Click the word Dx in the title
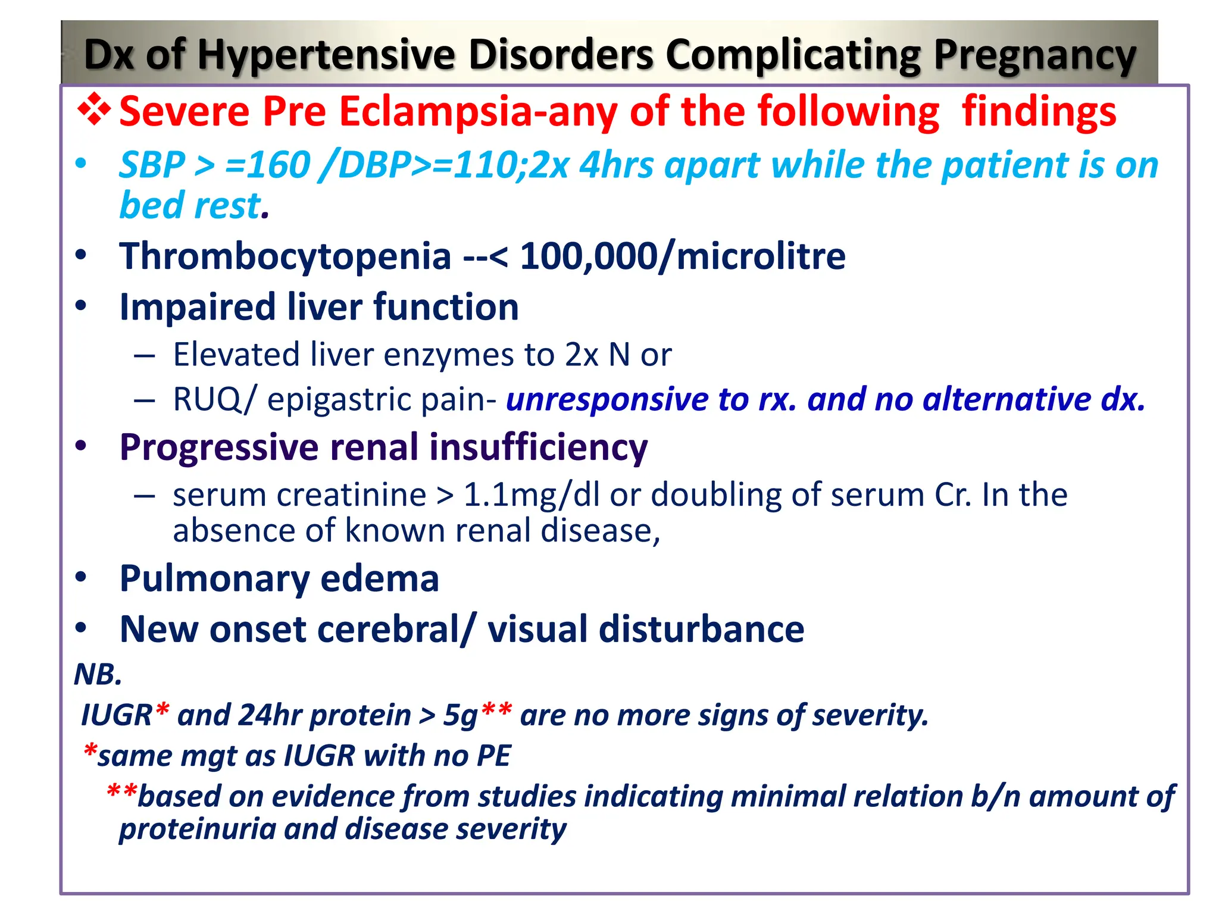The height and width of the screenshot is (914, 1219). click(108, 55)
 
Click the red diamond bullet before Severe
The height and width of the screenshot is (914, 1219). click(93, 110)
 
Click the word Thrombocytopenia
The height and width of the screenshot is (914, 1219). click(285, 256)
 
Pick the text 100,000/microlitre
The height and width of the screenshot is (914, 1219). click(682, 256)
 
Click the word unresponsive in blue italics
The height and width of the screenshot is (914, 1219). click(607, 399)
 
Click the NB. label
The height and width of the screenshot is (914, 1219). click(98, 674)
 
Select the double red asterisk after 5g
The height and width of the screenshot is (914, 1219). click(496, 709)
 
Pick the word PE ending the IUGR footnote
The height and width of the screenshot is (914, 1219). click(493, 756)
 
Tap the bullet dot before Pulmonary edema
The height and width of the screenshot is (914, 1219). click(82, 577)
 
